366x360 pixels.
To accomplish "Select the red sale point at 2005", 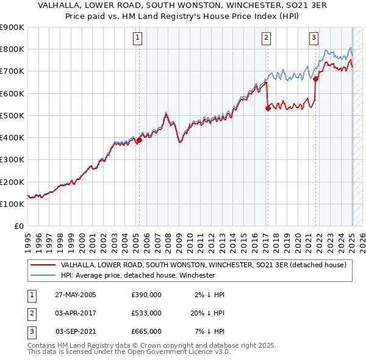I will pyautogui.click(x=139, y=140).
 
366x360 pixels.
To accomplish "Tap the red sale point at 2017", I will pyautogui.click(x=268, y=109).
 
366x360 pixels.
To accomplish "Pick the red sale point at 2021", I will pyautogui.click(x=316, y=79).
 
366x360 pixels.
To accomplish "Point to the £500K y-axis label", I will pyautogui.click(x=12, y=115).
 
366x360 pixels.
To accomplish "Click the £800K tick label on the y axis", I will pyautogui.click(x=12, y=49).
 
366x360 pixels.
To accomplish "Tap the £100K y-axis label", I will pyautogui.click(x=12, y=204).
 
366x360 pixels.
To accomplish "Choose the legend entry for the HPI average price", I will pyautogui.click(x=137, y=275).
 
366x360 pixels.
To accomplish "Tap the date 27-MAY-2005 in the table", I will pyautogui.click(x=76, y=295).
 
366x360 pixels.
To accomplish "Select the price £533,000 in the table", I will pyautogui.click(x=146, y=313).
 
